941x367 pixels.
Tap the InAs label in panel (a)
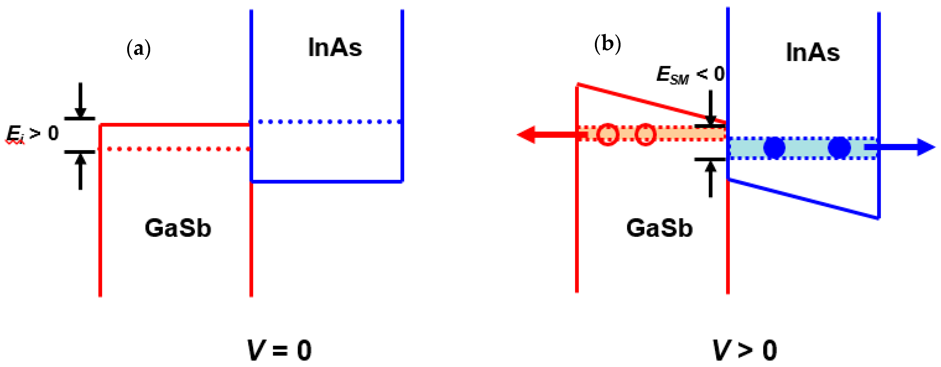335,48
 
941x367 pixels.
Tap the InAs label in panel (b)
813,53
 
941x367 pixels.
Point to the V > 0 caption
745,350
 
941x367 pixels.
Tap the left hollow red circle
608,135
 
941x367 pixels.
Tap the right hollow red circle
645,135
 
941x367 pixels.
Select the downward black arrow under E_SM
710,108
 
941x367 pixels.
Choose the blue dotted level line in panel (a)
329,122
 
